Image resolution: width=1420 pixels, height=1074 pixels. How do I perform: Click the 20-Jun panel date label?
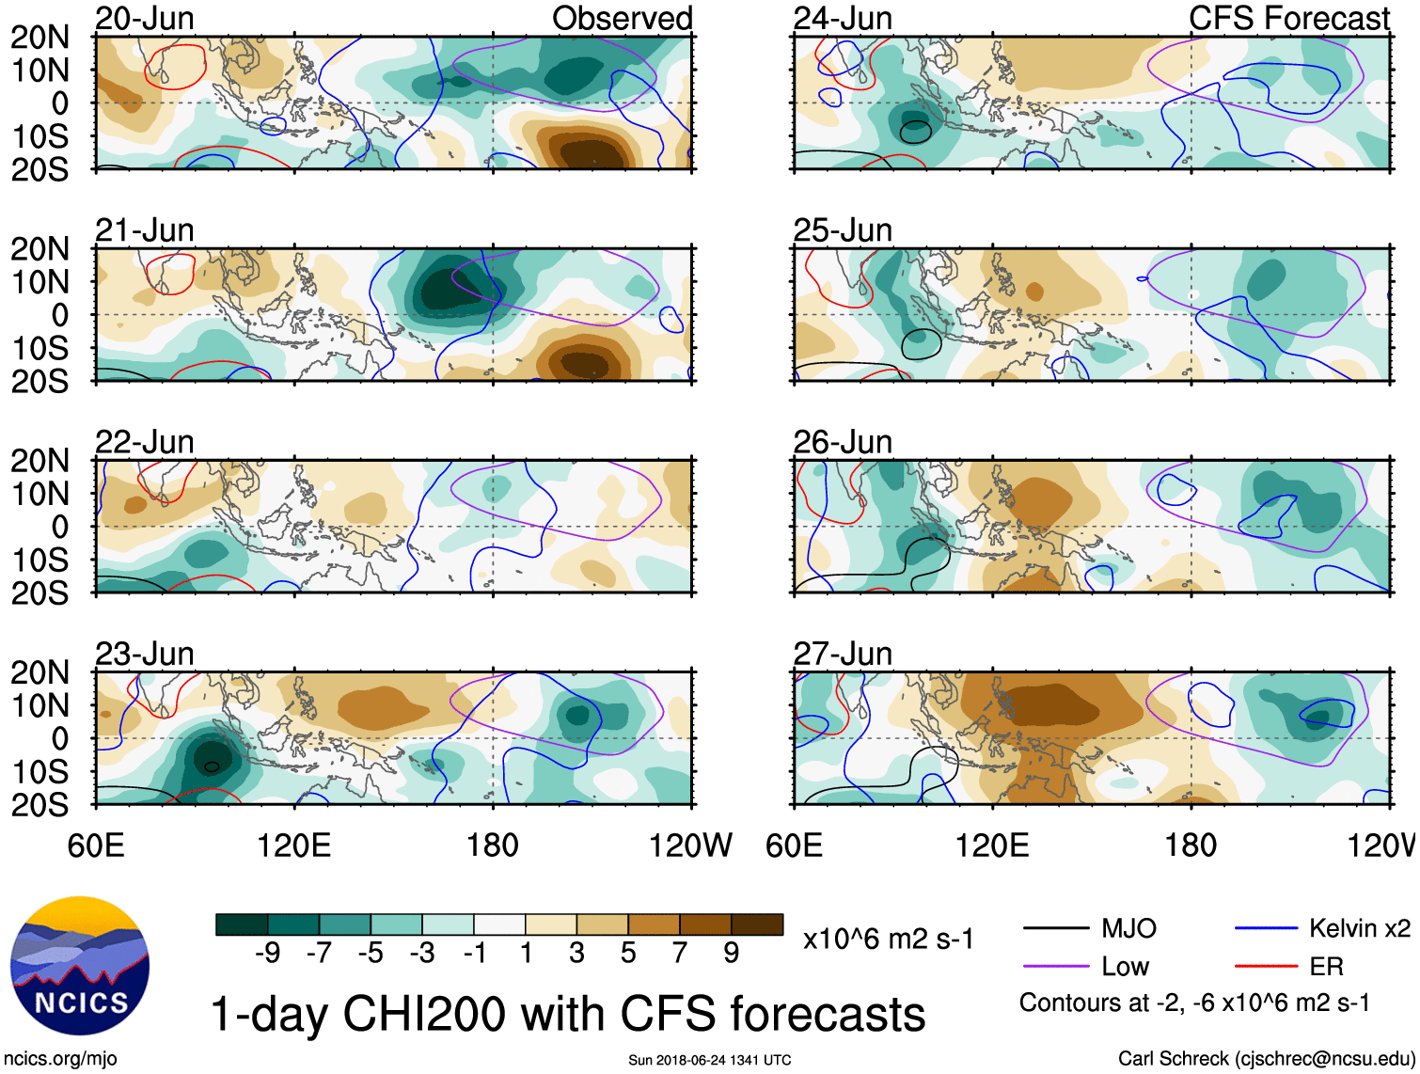click(x=144, y=18)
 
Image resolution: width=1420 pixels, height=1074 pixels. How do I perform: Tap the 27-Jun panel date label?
click(x=843, y=653)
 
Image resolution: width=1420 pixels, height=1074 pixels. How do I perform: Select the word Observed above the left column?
click(x=622, y=18)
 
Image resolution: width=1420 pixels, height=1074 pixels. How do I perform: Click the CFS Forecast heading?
click(x=1288, y=18)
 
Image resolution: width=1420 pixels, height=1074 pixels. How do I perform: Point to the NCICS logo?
click(x=80, y=966)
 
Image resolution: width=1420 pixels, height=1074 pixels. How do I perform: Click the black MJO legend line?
click(x=1056, y=928)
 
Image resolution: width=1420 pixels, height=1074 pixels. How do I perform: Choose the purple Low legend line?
click(x=1056, y=966)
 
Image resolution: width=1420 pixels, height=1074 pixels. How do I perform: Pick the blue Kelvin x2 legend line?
click(x=1267, y=928)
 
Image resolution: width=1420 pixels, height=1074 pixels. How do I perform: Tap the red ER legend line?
click(x=1267, y=966)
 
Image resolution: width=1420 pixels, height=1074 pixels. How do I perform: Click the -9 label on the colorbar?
click(x=267, y=954)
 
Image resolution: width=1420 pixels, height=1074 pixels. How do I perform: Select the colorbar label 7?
click(x=680, y=954)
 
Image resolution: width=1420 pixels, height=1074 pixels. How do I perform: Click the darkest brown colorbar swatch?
click(x=757, y=924)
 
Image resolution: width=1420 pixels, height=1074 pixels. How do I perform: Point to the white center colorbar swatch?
click(x=499, y=924)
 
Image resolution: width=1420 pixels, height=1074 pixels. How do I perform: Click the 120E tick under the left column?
click(x=294, y=845)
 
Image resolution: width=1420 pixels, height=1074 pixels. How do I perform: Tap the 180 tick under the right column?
click(x=1191, y=845)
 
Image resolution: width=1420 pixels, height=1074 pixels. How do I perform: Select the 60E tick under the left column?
click(x=96, y=845)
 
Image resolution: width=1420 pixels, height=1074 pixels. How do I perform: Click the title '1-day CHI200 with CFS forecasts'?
click(x=567, y=1014)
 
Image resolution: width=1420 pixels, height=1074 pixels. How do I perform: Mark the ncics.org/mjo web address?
click(x=60, y=1058)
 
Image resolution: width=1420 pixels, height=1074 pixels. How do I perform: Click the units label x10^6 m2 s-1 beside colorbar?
click(x=888, y=939)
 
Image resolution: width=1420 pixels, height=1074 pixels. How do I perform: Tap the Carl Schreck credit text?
click(x=1266, y=1058)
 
